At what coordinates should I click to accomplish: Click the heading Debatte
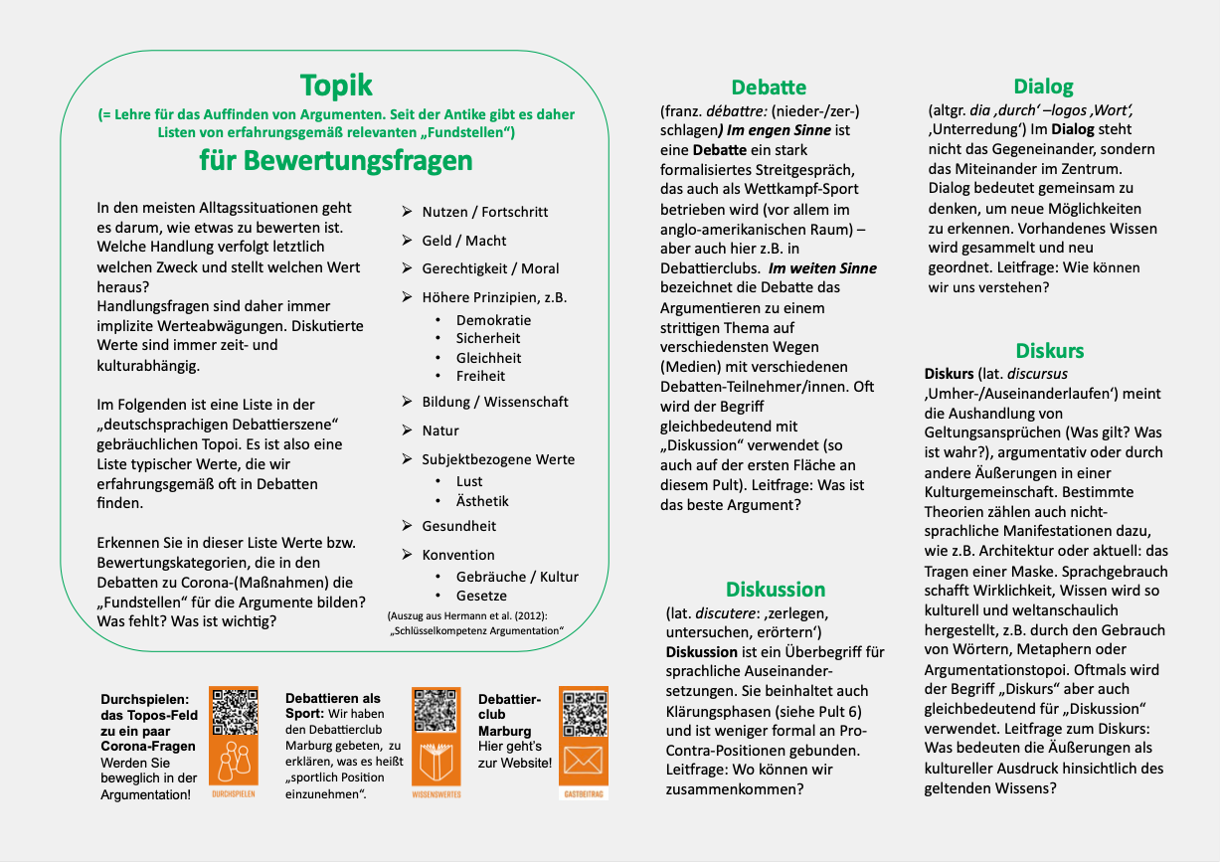pos(769,87)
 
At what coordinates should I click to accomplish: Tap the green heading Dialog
pos(1043,86)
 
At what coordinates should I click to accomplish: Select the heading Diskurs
pos(1049,351)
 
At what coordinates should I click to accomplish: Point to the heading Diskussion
pos(775,590)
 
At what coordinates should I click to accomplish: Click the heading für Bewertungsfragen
pos(336,161)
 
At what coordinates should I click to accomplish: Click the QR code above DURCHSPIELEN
pos(234,710)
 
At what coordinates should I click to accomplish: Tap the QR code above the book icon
pos(436,710)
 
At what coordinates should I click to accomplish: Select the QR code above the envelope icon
pos(583,710)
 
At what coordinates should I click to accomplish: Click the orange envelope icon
pos(583,762)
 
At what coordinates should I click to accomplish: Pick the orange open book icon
pos(436,762)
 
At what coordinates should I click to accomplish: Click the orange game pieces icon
pos(234,762)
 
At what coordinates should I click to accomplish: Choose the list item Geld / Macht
pos(463,241)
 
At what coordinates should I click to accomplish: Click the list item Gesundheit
pos(458,526)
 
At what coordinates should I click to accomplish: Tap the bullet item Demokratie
pos(493,320)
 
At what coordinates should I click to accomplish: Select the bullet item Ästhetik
pos(482,501)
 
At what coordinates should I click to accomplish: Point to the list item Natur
pos(440,431)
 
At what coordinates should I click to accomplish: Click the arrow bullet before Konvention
pos(407,555)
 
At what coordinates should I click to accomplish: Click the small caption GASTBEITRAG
pos(583,794)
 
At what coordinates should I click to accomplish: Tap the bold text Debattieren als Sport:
pos(332,706)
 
